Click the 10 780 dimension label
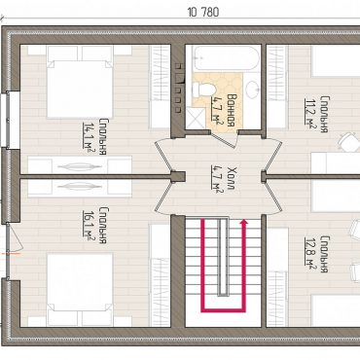pyautogui.click(x=203, y=13)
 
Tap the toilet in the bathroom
pyautogui.click(x=203, y=90)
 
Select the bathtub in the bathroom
pyautogui.click(x=226, y=58)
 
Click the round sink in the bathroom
pyautogui.click(x=252, y=90)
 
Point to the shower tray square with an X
pyautogui.click(x=196, y=119)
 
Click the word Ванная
pyautogui.click(x=231, y=110)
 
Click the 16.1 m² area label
pyautogui.click(x=87, y=225)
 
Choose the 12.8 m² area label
pyautogui.click(x=308, y=252)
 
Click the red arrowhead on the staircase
pyautogui.click(x=243, y=222)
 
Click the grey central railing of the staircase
pyautogui.click(x=223, y=257)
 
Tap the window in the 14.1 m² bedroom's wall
pyautogui.click(x=6, y=120)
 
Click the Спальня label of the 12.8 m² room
pyautogui.click(x=324, y=254)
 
